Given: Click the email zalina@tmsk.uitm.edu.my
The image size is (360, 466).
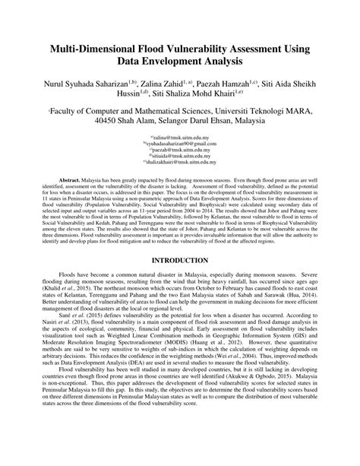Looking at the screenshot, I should point(180,136).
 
